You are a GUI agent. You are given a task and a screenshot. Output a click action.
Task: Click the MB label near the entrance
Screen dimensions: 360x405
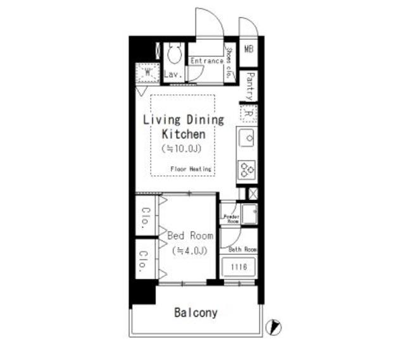[249, 49]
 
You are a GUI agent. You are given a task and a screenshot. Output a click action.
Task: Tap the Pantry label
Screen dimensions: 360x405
[249, 85]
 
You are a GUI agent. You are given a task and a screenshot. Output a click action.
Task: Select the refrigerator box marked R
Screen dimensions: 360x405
[248, 114]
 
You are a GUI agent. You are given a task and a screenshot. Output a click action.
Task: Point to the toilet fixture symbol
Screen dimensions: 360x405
[173, 55]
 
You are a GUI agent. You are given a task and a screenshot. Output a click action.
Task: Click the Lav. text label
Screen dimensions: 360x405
[173, 75]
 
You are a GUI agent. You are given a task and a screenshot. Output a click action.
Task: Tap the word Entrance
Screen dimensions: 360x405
[207, 61]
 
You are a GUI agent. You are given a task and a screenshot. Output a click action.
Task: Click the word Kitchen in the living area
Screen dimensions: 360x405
[184, 134]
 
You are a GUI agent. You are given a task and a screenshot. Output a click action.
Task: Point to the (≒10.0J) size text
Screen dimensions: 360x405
[184, 149]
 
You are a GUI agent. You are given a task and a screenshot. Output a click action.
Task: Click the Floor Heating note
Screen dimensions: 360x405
[190, 169]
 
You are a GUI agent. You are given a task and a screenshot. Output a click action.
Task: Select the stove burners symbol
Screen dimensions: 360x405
[247, 169]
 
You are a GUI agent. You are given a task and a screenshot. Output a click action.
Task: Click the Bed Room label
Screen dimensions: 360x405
[190, 235]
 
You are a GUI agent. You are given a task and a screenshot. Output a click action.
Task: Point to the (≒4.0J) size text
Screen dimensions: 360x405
[189, 251]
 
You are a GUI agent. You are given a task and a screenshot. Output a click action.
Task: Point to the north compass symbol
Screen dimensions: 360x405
[274, 327]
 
